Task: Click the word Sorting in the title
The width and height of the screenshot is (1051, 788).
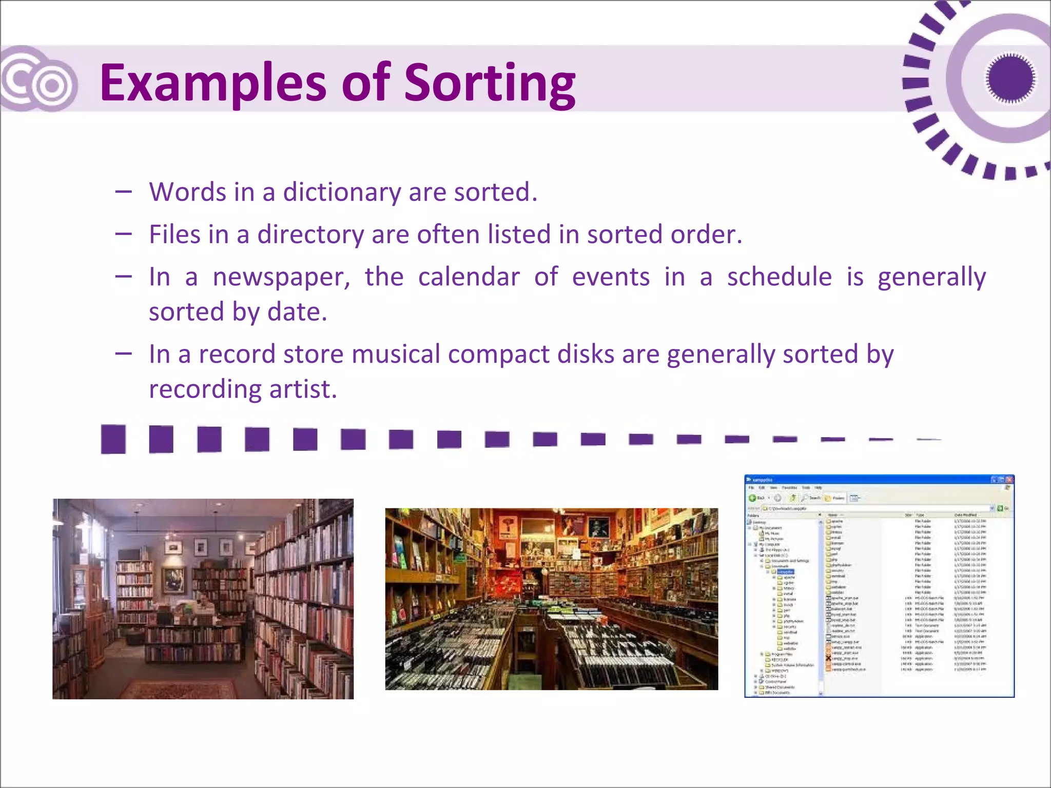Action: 490,83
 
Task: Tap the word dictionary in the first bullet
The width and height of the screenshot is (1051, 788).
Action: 342,192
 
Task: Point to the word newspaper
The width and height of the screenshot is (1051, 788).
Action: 281,278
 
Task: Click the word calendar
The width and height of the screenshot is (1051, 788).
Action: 469,278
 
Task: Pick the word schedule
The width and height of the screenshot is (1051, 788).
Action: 779,278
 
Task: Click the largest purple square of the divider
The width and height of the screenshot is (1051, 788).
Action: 113,439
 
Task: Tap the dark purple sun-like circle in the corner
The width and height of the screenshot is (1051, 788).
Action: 1010,78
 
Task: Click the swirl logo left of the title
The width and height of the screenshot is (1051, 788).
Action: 38,80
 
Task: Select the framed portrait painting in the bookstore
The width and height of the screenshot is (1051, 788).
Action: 173,580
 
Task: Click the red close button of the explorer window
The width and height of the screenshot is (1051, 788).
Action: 1009,480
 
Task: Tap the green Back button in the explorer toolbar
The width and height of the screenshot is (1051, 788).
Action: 752,498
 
